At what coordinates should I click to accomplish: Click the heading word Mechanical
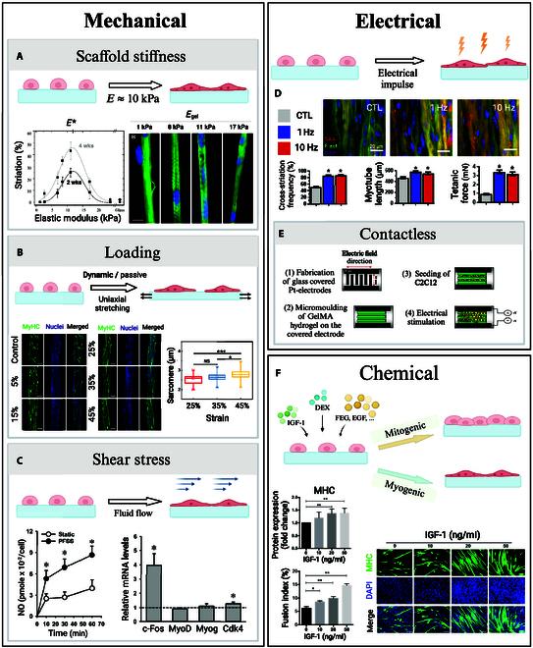[x=133, y=21]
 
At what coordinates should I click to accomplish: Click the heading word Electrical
[x=400, y=20]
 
